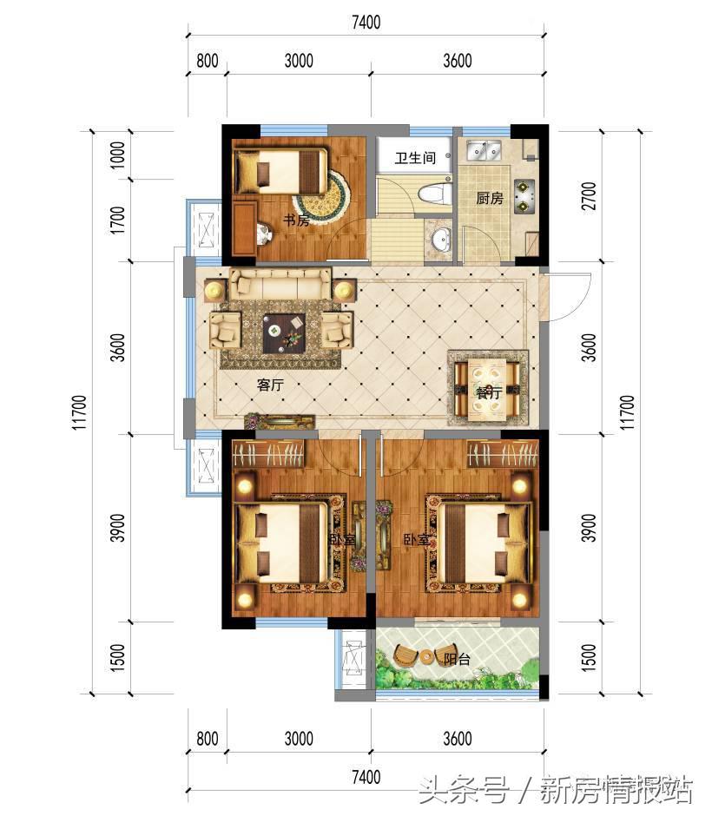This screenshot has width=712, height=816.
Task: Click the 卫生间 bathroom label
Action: tap(415, 157)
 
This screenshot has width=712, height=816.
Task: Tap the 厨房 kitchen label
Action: tap(490, 198)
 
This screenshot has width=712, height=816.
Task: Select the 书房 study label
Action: tap(296, 220)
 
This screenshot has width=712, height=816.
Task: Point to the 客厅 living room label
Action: tap(270, 385)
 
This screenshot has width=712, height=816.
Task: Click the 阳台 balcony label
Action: tap(457, 660)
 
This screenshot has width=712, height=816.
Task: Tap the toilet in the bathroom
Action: tap(435, 194)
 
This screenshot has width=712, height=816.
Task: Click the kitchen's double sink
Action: tap(484, 150)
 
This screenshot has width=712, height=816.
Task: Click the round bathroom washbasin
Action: tap(442, 239)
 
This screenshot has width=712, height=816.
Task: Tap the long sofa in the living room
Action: tap(280, 283)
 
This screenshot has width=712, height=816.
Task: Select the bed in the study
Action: tap(281, 171)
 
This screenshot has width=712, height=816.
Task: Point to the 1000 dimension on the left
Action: tap(118, 155)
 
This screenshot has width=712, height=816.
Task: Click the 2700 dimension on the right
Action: tap(589, 195)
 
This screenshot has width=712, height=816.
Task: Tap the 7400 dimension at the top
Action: tap(366, 22)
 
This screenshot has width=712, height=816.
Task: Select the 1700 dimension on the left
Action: tap(118, 220)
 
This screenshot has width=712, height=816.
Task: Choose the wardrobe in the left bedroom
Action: tap(268, 453)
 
